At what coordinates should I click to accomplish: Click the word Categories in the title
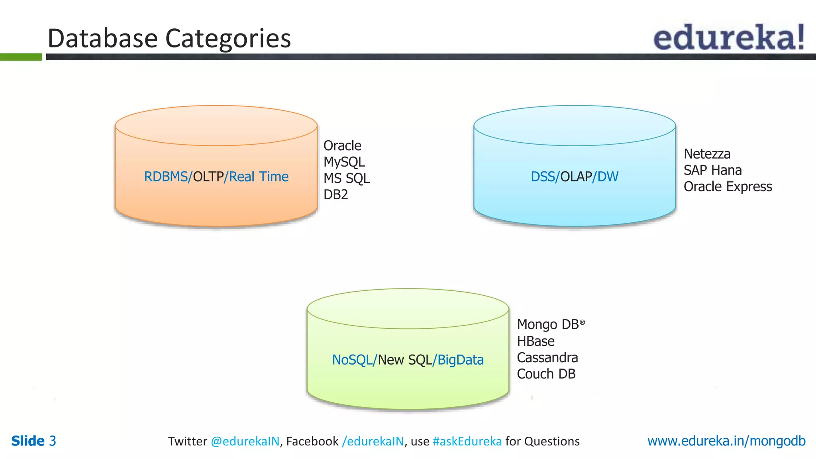228,39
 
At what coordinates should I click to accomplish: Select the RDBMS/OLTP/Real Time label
216,177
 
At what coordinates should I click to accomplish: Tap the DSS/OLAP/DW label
574,177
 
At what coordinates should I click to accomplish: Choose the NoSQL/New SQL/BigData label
408,360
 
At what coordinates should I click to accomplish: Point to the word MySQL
344,162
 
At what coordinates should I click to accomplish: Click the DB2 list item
335,195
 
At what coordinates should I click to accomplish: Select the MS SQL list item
346,178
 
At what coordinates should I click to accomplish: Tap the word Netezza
707,154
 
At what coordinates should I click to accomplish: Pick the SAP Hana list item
712,171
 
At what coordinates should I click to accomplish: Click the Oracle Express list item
728,187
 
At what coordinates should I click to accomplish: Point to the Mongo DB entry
548,325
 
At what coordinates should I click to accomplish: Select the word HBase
535,341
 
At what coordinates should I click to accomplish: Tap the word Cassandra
547,358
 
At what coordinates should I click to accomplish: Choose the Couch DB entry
546,374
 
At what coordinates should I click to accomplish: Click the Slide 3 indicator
33,441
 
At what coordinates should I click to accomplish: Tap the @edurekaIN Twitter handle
245,441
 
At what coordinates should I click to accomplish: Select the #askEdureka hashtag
467,441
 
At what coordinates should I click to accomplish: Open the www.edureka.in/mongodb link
726,441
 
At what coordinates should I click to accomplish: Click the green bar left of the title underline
21,57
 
